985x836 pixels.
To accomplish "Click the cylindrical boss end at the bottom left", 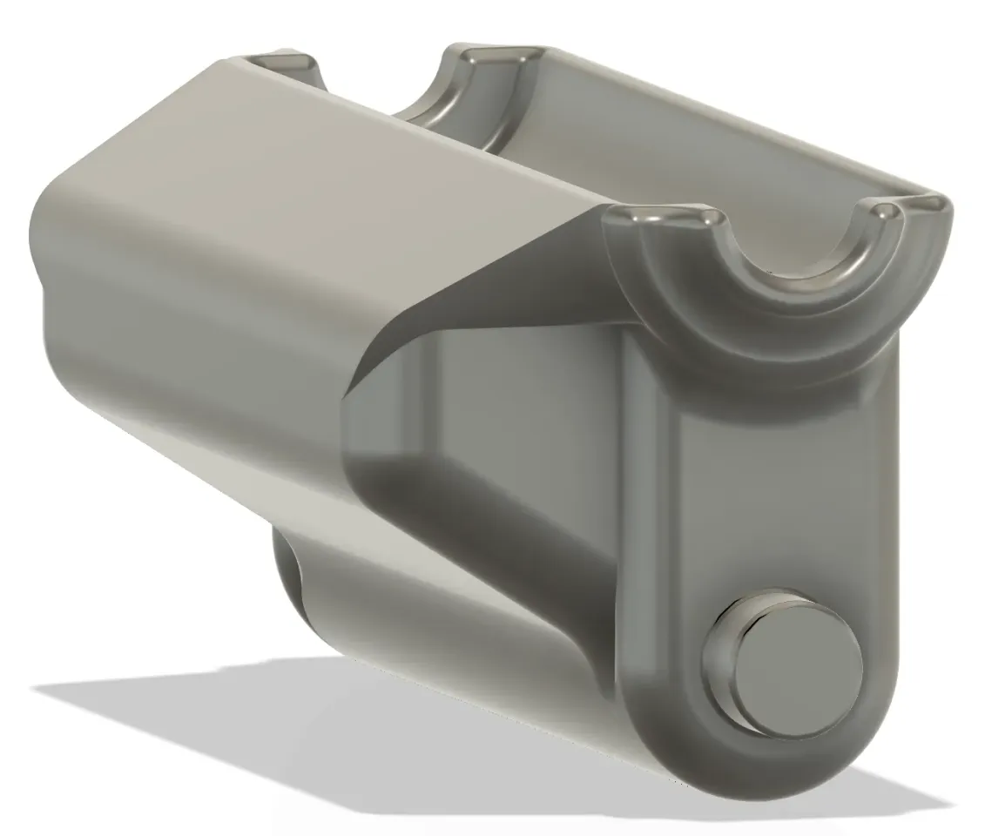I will (287, 566).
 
